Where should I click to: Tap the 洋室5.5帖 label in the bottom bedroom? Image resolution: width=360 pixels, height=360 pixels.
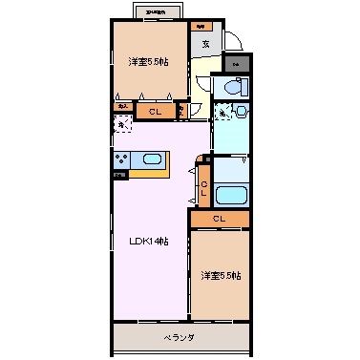(x=221, y=276)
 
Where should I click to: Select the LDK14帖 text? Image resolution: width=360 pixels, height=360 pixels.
(x=150, y=243)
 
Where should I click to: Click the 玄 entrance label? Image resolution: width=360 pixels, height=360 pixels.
(x=204, y=43)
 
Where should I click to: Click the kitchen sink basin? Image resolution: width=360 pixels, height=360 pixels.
(x=151, y=159)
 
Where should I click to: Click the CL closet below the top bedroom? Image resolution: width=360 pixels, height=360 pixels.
(x=154, y=112)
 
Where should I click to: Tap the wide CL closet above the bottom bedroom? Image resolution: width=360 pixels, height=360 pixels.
(x=220, y=220)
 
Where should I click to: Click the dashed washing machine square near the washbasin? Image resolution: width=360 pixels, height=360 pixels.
(x=222, y=114)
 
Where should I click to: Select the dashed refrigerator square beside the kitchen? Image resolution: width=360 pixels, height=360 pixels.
(x=123, y=124)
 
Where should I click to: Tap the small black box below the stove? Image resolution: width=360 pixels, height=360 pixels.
(x=120, y=176)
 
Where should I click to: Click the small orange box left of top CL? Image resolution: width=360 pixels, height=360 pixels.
(x=123, y=108)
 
